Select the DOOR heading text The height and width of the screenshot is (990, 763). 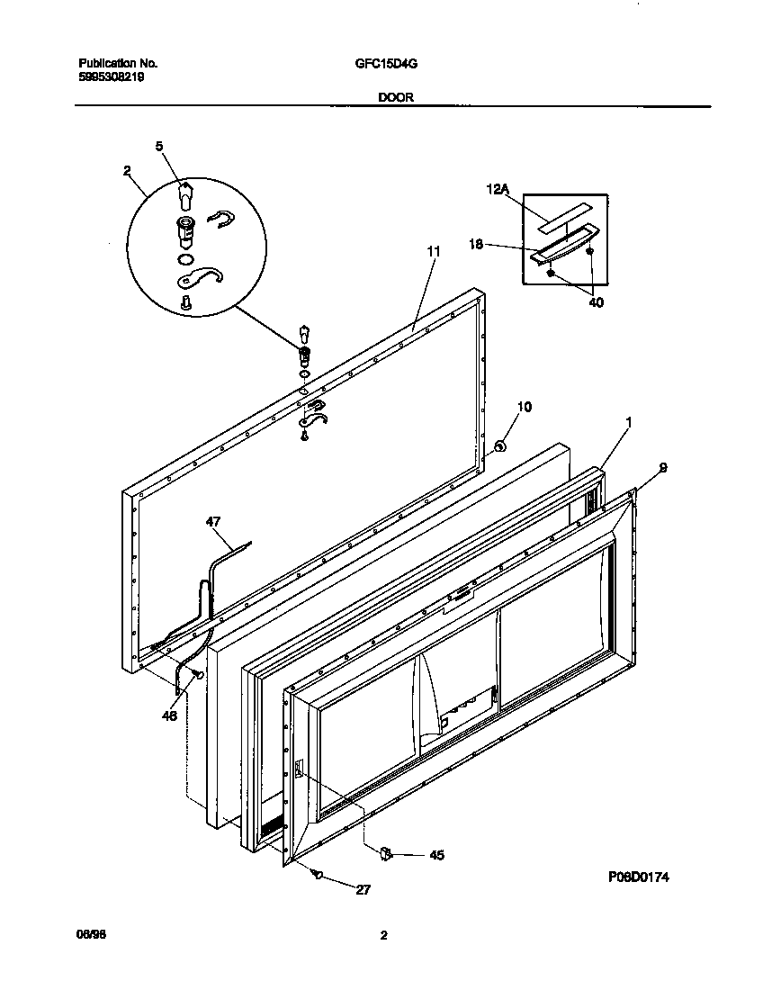point(396,98)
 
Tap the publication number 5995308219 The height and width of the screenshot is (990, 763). point(112,77)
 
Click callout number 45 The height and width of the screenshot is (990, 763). point(436,855)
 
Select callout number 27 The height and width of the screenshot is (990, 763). point(363,890)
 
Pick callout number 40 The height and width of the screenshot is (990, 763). point(596,302)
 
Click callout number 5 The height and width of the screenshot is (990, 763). point(159,145)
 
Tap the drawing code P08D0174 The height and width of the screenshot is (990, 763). point(641,876)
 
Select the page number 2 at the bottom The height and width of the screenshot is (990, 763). point(383,935)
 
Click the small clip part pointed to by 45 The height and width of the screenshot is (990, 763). point(386,851)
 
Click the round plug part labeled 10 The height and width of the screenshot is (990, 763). point(501,445)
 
